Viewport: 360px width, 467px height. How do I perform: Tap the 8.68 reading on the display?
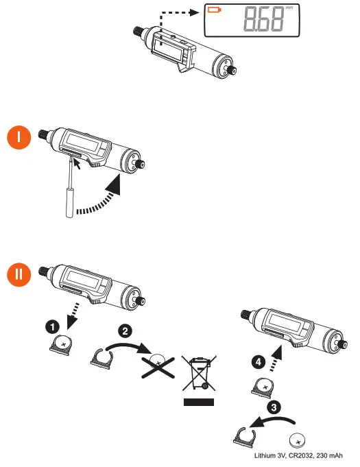click(263, 19)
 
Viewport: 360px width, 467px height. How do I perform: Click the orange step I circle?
click(19, 137)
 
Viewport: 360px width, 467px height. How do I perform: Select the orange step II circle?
click(19, 274)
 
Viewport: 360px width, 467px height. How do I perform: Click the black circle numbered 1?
click(52, 327)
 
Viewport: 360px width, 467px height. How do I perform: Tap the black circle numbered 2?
click(125, 331)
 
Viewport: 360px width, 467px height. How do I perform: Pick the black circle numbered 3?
click(274, 407)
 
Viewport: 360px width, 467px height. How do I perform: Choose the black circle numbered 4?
click(259, 361)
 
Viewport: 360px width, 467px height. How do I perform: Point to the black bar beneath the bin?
click(199, 402)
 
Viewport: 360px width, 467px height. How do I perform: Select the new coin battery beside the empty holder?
click(298, 440)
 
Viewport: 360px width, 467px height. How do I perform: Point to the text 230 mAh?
click(329, 455)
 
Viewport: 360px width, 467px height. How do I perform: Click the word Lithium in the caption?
click(265, 455)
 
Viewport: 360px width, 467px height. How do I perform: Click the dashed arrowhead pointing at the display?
click(195, 12)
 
